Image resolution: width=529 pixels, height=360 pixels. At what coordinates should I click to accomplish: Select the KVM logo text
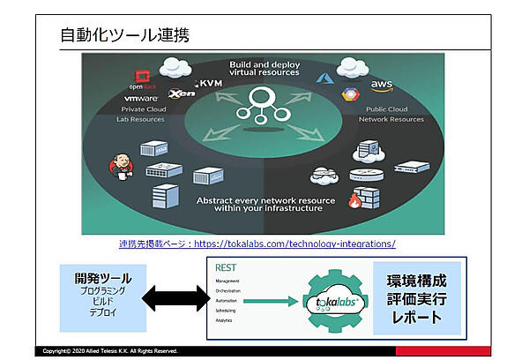[x=212, y=82]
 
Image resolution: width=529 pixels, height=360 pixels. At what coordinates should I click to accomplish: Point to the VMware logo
[x=138, y=99]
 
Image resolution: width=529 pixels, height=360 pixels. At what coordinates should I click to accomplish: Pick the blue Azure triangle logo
[x=321, y=79]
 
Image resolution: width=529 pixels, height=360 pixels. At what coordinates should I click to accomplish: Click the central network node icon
[x=264, y=104]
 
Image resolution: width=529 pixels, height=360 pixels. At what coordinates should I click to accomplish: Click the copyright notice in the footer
[x=110, y=351]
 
